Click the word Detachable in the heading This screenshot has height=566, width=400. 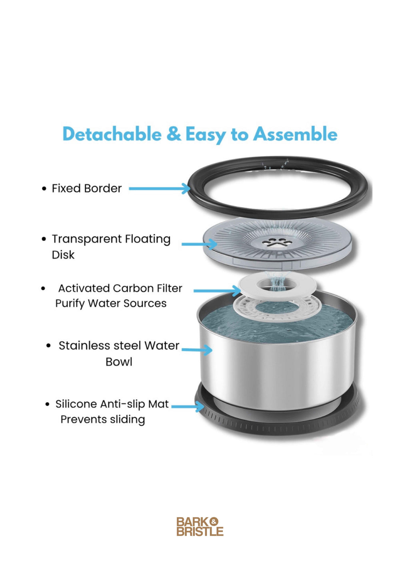(x=112, y=134)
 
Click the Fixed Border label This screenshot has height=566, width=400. (x=86, y=188)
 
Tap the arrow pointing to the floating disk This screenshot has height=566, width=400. (x=199, y=244)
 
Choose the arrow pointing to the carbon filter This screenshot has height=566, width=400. (x=216, y=290)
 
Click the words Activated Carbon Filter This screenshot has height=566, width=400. (x=120, y=288)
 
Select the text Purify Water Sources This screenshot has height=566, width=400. (x=111, y=303)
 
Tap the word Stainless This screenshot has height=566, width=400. (x=85, y=345)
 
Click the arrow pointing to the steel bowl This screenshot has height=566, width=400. (x=197, y=350)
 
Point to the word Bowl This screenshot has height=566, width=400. (x=119, y=362)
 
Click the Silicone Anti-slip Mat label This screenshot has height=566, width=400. (x=112, y=404)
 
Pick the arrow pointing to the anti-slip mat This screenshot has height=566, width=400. (x=188, y=407)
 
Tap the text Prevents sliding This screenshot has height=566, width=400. (x=103, y=419)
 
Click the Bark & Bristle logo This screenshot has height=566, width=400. (x=200, y=526)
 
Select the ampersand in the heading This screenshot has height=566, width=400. (x=174, y=134)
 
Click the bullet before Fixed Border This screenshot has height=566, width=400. (x=44, y=189)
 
